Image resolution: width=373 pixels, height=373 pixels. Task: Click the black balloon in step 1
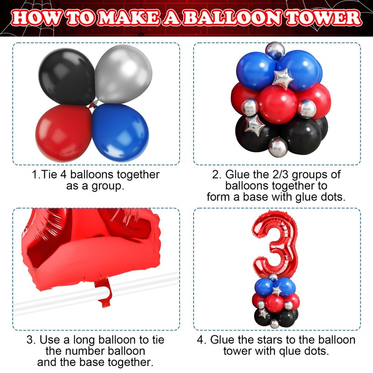67,76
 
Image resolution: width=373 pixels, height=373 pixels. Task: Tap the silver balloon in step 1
124,74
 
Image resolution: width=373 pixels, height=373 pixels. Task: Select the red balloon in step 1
64,133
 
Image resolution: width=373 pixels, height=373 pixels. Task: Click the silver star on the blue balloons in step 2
283,79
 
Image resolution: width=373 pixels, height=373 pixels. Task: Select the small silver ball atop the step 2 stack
275,50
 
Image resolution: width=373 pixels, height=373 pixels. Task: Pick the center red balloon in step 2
277,104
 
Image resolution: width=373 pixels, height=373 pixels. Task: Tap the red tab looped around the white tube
104,293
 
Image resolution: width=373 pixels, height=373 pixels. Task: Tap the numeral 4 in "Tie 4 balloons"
63,174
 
